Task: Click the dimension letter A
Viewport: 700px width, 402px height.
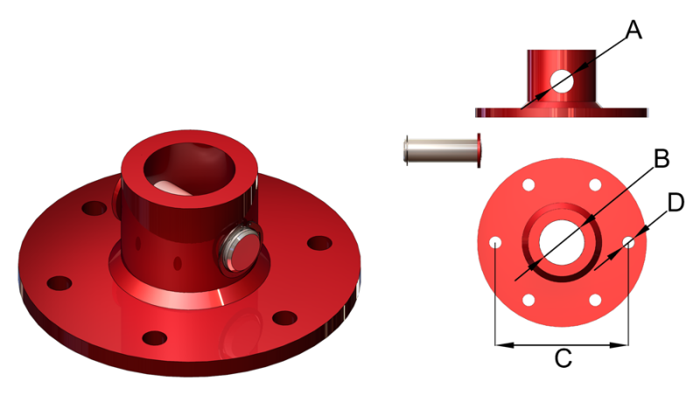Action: pos(633,31)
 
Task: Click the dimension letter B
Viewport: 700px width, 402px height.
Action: pos(661,158)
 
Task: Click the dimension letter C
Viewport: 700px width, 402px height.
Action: pos(563,358)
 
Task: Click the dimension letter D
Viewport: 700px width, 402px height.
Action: pos(675,203)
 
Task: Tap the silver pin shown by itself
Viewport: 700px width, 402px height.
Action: pos(443,150)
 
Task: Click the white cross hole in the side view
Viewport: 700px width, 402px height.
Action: pos(562,81)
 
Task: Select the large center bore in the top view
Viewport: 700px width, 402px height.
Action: pos(562,242)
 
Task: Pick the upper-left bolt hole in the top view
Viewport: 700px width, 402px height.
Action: pos(528,185)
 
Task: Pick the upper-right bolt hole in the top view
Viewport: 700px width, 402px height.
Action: pos(595,185)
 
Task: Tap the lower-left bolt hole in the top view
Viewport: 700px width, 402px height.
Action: pos(528,300)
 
